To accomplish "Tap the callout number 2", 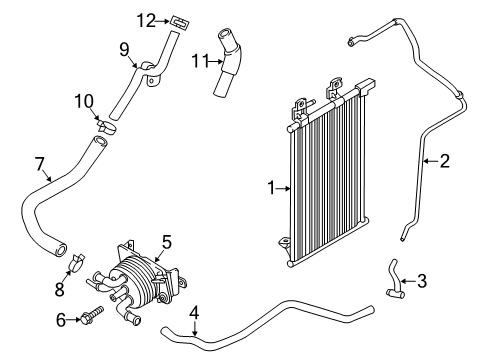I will (x=446, y=159).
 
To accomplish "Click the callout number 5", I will (x=167, y=240).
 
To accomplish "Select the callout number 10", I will (x=83, y=100).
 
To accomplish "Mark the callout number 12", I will (x=145, y=18).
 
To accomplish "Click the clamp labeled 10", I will (x=106, y=126).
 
